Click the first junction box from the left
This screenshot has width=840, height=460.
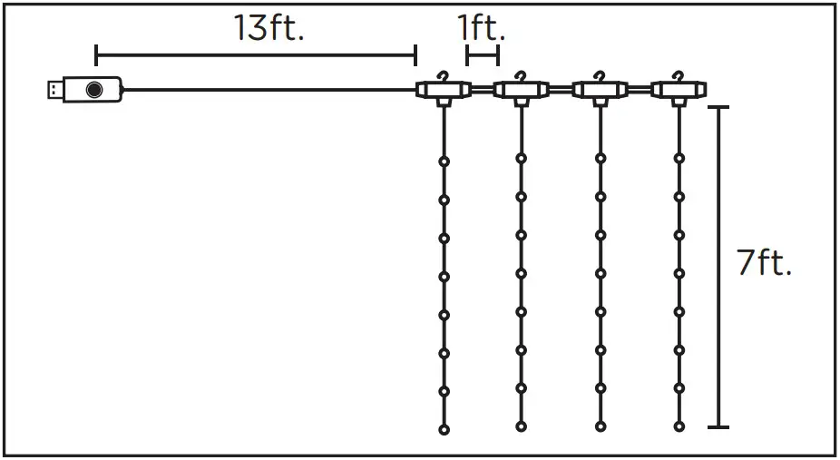pyautogui.click(x=443, y=90)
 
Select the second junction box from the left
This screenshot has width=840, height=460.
pyautogui.click(x=521, y=90)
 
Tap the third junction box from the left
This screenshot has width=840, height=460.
pyautogui.click(x=600, y=90)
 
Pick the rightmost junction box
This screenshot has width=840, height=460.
pyautogui.click(x=679, y=90)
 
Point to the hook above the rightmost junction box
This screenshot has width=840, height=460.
pyautogui.click(x=679, y=74)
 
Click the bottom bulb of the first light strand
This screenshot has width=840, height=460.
pyautogui.click(x=444, y=428)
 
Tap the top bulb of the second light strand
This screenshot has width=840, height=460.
pyautogui.click(x=521, y=158)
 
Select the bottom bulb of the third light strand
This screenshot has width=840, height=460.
pyautogui.click(x=600, y=426)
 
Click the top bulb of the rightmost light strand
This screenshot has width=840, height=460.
pyautogui.click(x=679, y=158)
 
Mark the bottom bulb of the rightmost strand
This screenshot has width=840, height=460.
pyautogui.click(x=679, y=426)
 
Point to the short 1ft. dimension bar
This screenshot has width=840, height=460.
pyautogui.click(x=482, y=56)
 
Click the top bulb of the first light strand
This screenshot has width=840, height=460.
pyautogui.click(x=444, y=161)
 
